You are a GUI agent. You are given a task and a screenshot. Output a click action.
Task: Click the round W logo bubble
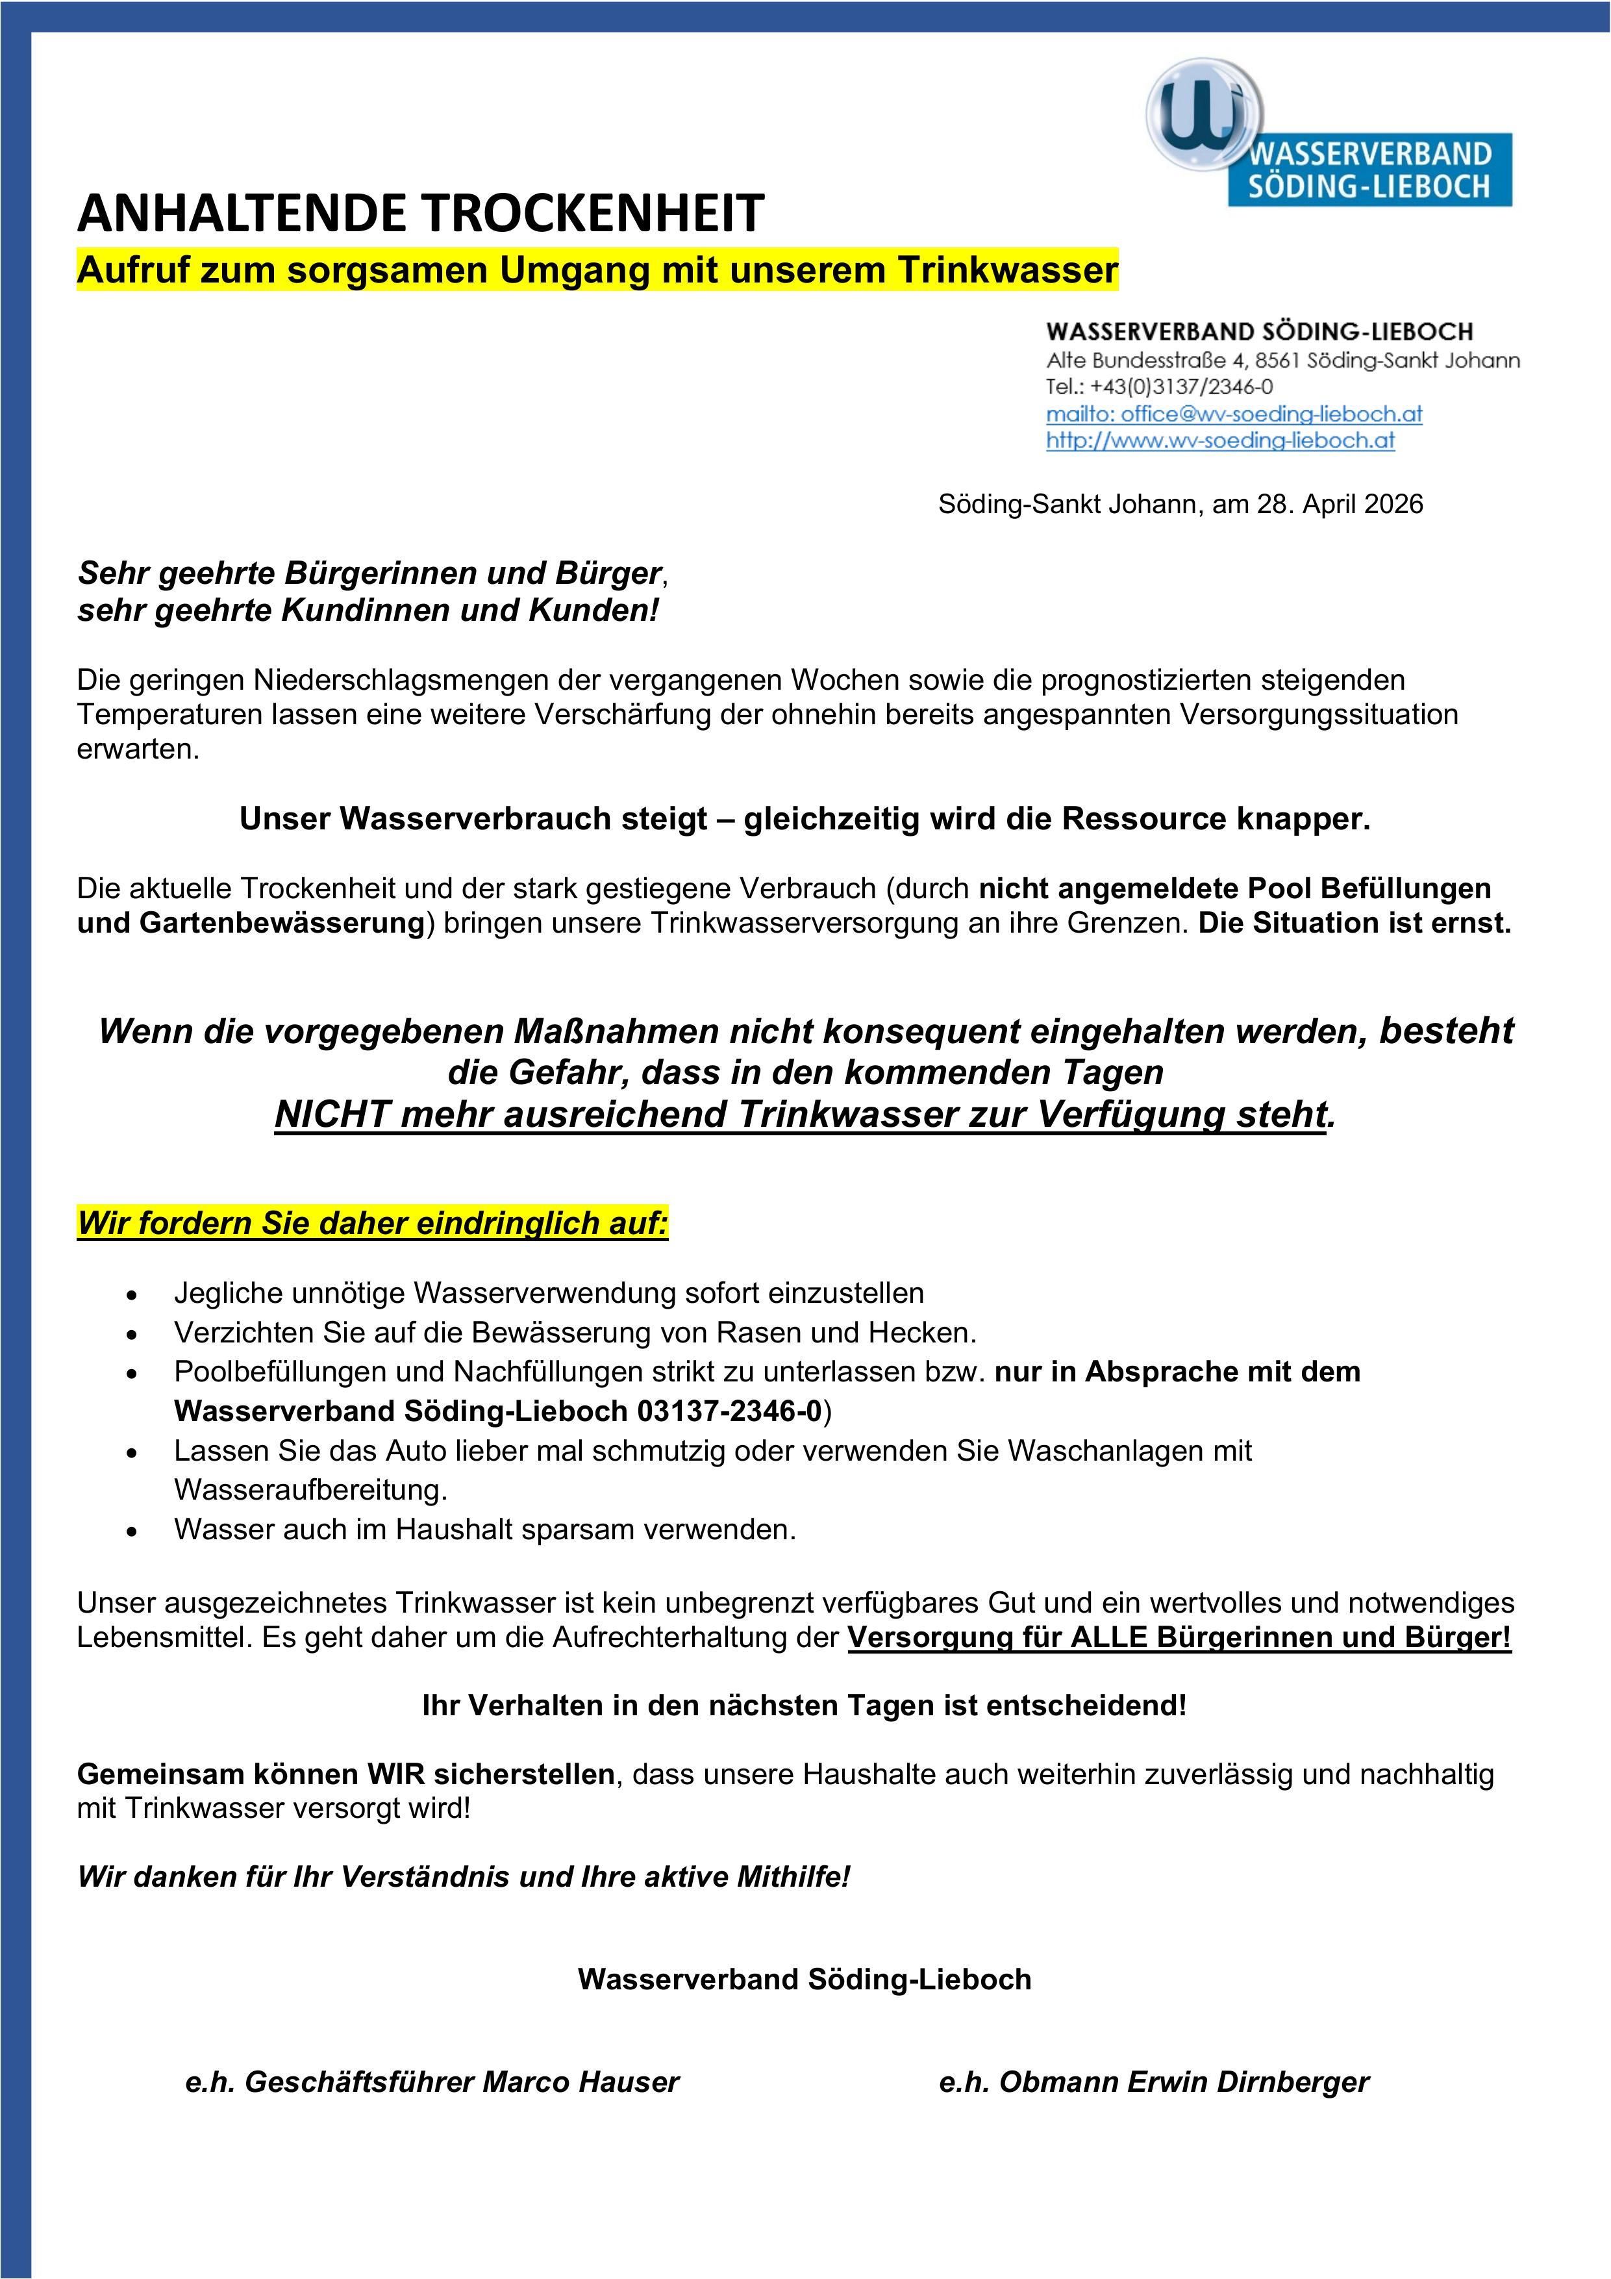click(1204, 115)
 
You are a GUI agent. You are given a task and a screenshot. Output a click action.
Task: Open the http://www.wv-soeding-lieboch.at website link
click(1220, 441)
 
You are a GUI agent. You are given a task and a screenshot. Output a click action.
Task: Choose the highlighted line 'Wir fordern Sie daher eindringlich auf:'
click(372, 1223)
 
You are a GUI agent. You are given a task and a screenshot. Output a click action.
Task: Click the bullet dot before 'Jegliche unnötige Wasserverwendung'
click(131, 1295)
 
